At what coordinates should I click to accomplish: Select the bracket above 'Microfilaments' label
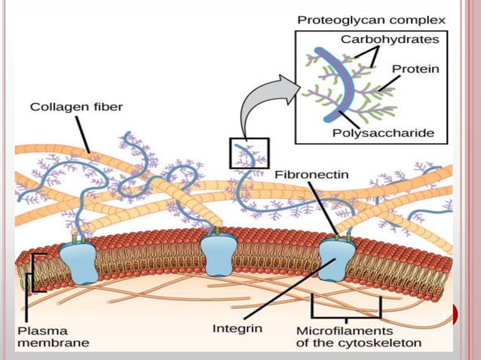348,310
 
